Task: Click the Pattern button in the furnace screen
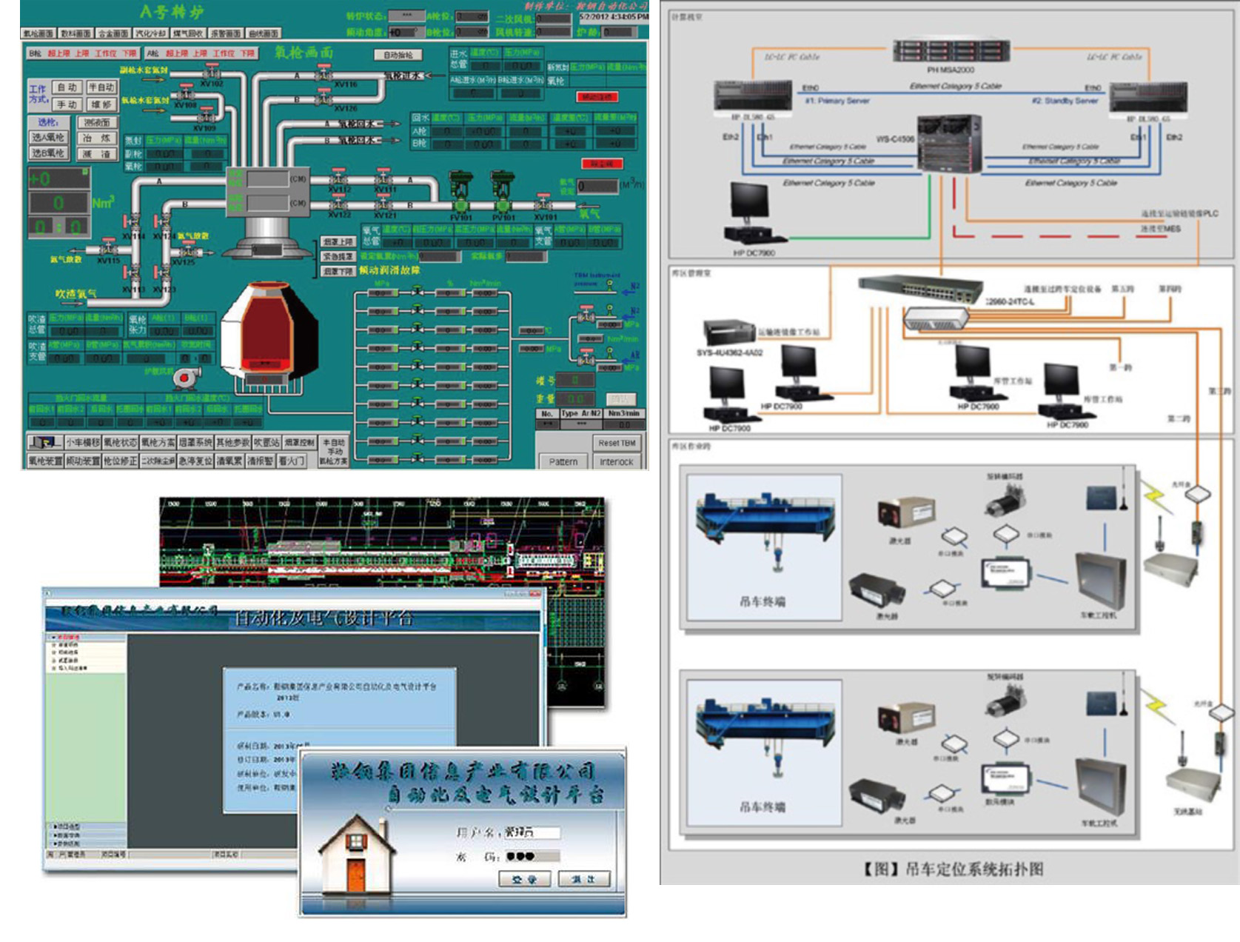[x=563, y=461]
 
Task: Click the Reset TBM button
[x=617, y=443]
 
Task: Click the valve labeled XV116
[x=324, y=75]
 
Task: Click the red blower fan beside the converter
[x=184, y=378]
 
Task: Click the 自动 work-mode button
[x=67, y=87]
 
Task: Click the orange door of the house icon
[x=357, y=875]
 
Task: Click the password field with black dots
[x=532, y=857]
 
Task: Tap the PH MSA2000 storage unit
[x=951, y=51]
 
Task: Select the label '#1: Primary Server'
[x=837, y=101]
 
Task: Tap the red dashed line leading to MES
[x=1036, y=236]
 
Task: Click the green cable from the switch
[x=851, y=238]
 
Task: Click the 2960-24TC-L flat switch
[x=920, y=290]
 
